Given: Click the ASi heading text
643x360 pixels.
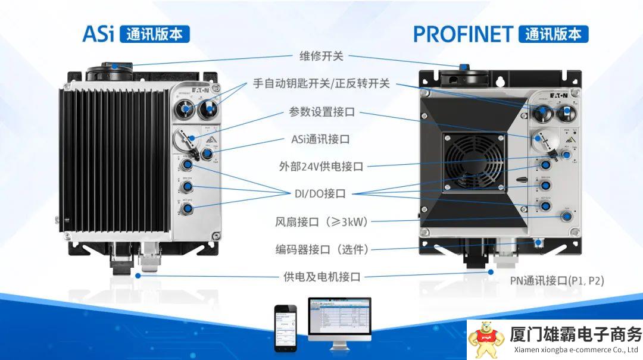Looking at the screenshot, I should point(98,34).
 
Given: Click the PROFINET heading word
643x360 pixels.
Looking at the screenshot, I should point(463,34).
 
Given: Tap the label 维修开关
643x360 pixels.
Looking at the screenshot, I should point(321,57).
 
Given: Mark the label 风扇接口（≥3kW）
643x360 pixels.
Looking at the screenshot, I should point(321,221).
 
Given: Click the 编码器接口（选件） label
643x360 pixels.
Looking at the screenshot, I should point(321,249).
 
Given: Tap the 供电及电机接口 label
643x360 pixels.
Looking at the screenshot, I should point(321,276).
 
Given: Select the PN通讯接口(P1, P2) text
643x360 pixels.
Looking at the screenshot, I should point(557,280).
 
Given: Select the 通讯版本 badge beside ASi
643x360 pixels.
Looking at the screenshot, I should point(154,34).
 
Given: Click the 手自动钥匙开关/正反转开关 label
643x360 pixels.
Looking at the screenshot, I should point(321,84).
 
